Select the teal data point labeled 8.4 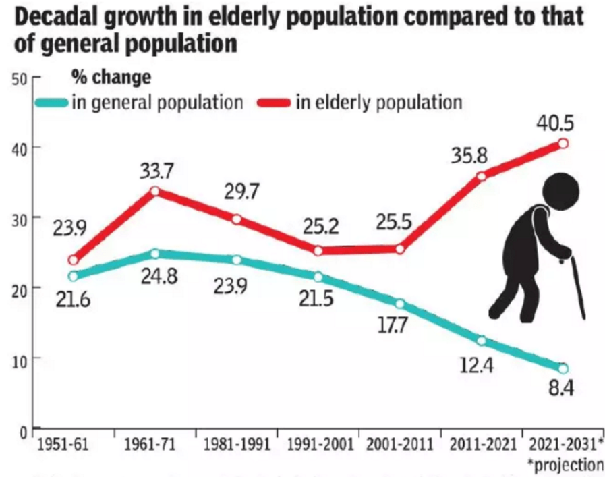pos(563,368)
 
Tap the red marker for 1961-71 pos(154,191)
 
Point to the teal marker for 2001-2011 pos(399,304)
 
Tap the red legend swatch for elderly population pos(274,103)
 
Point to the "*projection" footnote pos(566,464)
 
